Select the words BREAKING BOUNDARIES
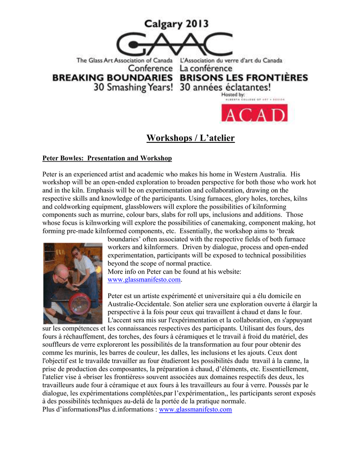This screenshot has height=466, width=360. [112, 78]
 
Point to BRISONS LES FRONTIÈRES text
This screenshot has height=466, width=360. [243, 78]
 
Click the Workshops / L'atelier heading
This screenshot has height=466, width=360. [190, 138]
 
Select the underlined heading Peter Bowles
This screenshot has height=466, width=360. [107, 158]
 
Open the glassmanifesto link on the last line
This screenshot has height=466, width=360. [195, 410]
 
